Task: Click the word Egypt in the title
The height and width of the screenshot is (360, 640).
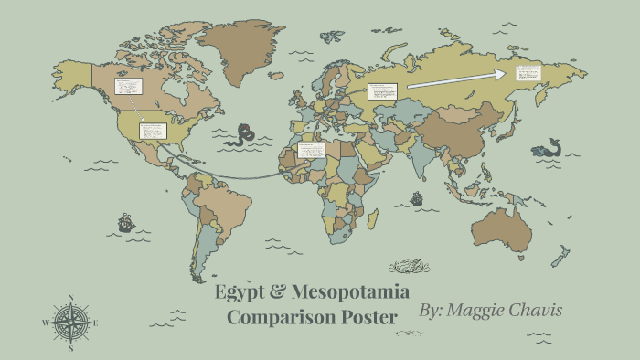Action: tap(240, 293)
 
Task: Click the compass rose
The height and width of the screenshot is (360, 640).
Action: tap(70, 322)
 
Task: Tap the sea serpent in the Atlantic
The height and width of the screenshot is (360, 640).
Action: tap(243, 136)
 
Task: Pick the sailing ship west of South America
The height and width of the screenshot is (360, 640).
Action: tap(125, 222)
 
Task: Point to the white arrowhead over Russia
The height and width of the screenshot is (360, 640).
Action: tap(503, 74)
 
